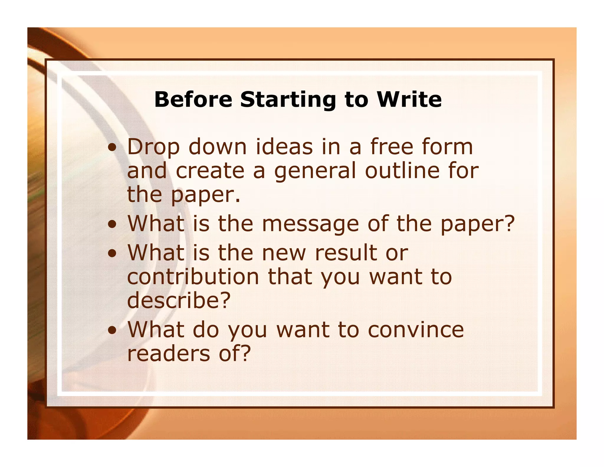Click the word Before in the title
point(193,99)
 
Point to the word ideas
point(284,147)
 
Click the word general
point(315,172)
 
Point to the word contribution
point(193,277)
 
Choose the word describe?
point(179,300)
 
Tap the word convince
point(416,330)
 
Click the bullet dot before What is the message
point(112,225)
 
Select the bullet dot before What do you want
point(112,331)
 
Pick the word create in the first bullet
point(210,171)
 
